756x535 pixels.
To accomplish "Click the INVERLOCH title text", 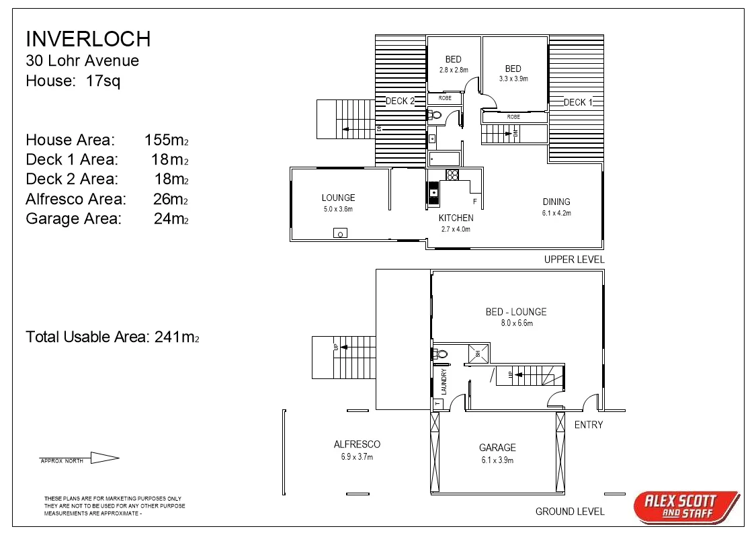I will coord(88,39).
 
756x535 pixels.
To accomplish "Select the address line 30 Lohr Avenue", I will coord(82,60).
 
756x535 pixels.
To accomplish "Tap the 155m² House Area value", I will coord(165,140).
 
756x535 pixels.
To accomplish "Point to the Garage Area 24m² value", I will coord(171,218).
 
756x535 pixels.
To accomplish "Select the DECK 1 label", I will coord(578,102).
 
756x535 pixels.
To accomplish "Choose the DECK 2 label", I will coord(400,101).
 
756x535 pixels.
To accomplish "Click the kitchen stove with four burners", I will coord(452,175).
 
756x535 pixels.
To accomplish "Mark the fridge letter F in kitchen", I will coord(475,202).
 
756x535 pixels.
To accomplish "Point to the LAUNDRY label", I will coord(444,381).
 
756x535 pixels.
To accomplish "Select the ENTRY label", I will coord(589,425).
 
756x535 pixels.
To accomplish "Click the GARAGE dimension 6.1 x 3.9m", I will coord(497,460).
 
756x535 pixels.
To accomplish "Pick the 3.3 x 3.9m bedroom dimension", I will coord(513,79).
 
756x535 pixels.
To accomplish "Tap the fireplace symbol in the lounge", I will coord(341,233).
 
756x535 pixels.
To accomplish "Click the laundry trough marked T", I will coord(437,403).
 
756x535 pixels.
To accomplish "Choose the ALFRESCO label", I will coord(357,444).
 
